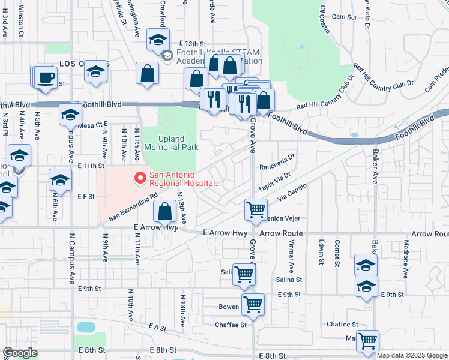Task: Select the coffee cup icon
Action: (46, 79)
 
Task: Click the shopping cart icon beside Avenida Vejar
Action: (256, 210)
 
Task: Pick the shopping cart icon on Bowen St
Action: (253, 304)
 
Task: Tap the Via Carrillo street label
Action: (292, 192)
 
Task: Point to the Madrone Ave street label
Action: (406, 260)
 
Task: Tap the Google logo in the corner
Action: (20, 353)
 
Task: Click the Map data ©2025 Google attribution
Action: (411, 355)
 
